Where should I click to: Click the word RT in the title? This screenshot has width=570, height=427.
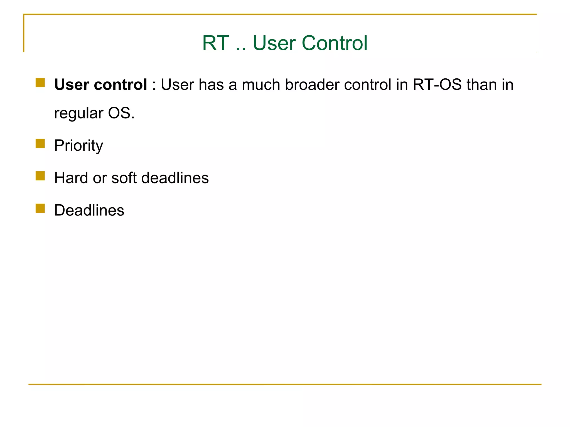point(215,43)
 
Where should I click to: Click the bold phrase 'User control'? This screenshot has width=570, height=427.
point(100,85)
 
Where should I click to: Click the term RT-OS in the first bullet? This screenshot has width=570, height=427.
point(437,85)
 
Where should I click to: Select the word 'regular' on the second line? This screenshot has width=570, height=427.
point(78,113)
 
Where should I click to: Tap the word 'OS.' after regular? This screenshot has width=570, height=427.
point(121,113)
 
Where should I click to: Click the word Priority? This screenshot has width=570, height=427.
point(78,145)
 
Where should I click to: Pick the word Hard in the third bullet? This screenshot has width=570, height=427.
point(71,178)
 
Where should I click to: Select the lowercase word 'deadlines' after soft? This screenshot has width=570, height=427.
point(175,178)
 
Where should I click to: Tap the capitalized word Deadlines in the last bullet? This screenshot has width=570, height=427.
point(89,210)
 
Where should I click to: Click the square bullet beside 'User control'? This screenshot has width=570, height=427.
point(40,83)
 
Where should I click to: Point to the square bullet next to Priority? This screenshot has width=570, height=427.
point(40,143)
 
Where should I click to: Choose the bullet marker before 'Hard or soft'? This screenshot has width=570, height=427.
point(40,176)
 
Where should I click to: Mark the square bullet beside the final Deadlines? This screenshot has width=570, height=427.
point(40,208)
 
